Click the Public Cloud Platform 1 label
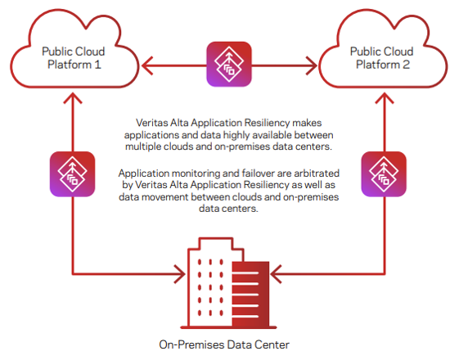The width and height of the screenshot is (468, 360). (74, 58)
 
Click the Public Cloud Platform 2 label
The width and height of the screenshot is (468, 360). (382, 58)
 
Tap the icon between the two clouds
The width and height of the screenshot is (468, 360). (229, 64)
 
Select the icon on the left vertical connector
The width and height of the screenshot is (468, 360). (72, 174)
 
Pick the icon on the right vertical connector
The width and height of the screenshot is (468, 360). (384, 174)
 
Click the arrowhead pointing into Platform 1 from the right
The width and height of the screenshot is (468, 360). (147, 65)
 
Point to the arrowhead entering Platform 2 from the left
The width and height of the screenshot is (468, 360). (311, 65)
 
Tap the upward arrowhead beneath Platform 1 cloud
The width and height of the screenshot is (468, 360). (73, 98)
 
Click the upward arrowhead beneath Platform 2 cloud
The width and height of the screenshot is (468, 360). (384, 98)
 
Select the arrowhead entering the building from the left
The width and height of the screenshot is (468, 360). (180, 274)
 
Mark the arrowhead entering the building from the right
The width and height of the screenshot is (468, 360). (276, 274)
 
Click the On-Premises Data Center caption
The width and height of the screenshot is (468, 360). (224, 344)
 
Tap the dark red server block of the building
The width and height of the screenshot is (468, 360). (250, 294)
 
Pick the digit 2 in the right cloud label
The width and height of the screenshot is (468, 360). (406, 65)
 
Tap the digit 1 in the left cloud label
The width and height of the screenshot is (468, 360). (98, 65)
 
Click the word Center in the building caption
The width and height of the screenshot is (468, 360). (272, 344)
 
